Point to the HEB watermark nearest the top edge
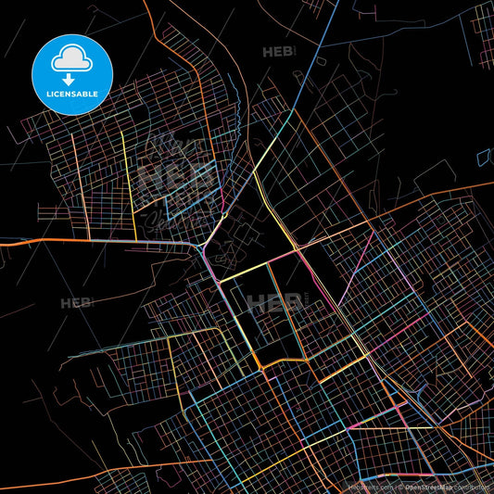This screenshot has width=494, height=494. (x=279, y=52)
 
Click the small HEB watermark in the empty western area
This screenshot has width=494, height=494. (x=77, y=303)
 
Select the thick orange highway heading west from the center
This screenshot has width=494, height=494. (x=93, y=240)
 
